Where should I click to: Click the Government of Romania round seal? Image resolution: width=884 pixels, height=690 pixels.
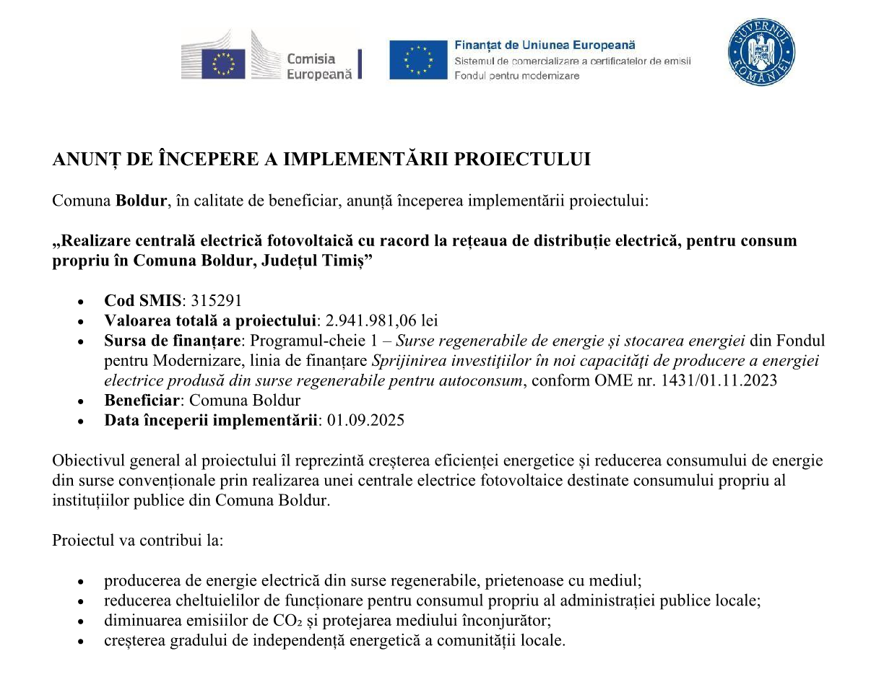coord(760,53)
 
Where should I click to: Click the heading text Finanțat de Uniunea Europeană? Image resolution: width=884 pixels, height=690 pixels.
coord(545,45)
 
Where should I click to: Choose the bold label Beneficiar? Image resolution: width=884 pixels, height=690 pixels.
coord(142,400)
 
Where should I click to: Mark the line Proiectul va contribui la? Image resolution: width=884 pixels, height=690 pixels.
coord(137,540)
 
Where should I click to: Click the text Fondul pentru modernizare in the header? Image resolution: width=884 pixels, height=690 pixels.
coord(516,76)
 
